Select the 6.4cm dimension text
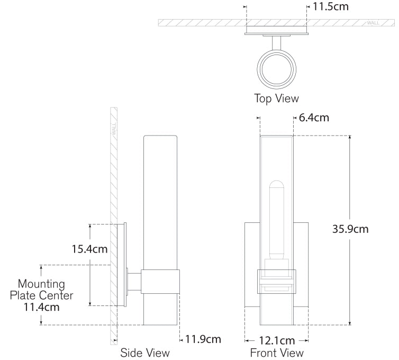click(314, 118)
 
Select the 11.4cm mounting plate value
click(41, 307)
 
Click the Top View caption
click(276, 98)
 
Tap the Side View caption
click(145, 353)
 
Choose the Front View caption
click(277, 353)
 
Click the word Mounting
click(41, 284)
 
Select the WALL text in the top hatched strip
click(373, 23)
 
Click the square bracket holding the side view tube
click(160, 281)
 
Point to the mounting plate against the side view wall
click(125, 265)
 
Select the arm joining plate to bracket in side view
click(134, 281)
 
